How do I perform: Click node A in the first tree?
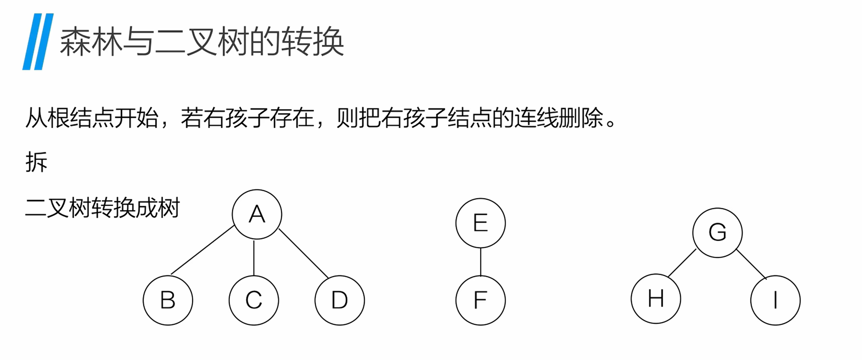[x=257, y=214]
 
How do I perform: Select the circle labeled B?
[x=168, y=300]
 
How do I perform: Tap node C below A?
[x=254, y=300]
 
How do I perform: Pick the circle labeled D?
[x=340, y=300]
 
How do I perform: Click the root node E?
[x=480, y=223]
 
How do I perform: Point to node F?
[x=480, y=300]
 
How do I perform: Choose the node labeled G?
[x=717, y=232]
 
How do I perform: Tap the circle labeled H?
[x=656, y=298]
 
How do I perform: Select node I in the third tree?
[x=775, y=300]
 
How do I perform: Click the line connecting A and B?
[x=203, y=250]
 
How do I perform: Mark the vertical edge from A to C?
[x=254, y=258]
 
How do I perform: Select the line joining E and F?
[x=480, y=262]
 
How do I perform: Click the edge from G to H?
[x=682, y=263]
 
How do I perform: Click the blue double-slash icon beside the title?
[x=38, y=42]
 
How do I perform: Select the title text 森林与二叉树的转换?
[x=202, y=42]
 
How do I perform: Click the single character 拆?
[x=36, y=162]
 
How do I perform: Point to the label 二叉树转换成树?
[x=103, y=208]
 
